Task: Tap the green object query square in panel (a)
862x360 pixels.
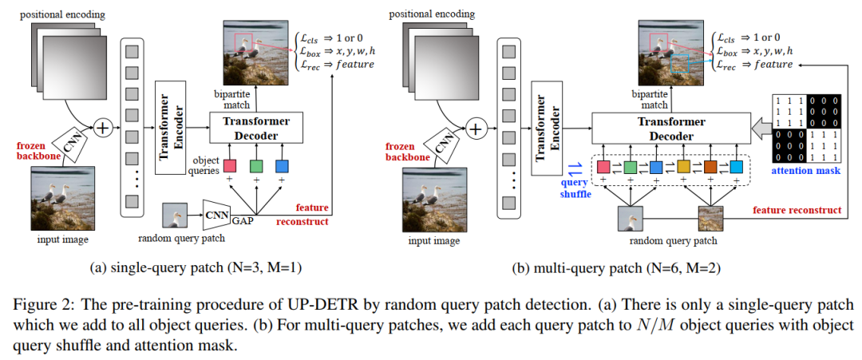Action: [256, 166]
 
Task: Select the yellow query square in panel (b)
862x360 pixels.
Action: [683, 167]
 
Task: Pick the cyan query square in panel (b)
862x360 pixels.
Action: [736, 167]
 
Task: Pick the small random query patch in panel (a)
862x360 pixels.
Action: [176, 216]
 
